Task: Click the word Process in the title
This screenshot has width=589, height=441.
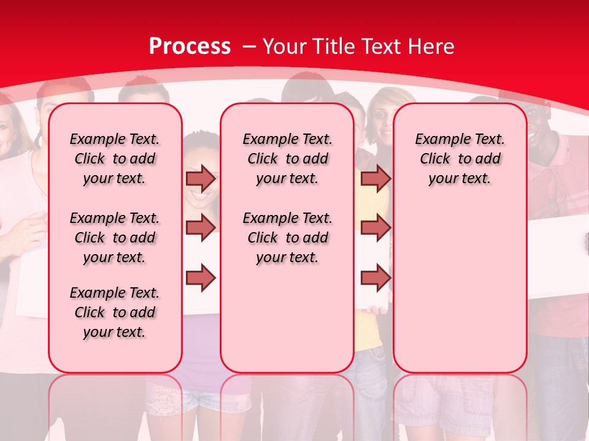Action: [x=190, y=46]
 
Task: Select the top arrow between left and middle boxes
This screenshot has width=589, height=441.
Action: [x=201, y=178]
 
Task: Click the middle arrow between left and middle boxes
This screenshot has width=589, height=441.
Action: [x=201, y=227]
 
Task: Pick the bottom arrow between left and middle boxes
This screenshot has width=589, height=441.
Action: [x=201, y=277]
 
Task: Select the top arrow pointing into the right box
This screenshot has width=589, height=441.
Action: [x=375, y=178]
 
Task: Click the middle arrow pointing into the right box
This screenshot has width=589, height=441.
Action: [x=375, y=227]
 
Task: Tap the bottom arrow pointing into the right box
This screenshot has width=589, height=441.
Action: [x=375, y=277]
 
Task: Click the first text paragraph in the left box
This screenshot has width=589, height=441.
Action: [x=115, y=159]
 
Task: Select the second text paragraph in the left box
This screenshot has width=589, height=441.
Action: [x=115, y=238]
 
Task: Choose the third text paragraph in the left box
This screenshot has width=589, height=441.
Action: [x=115, y=312]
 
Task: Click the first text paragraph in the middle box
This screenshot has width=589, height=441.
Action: [x=287, y=159]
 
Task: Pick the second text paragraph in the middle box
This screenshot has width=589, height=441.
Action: [x=287, y=238]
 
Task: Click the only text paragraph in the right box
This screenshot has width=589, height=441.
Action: [x=460, y=159]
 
